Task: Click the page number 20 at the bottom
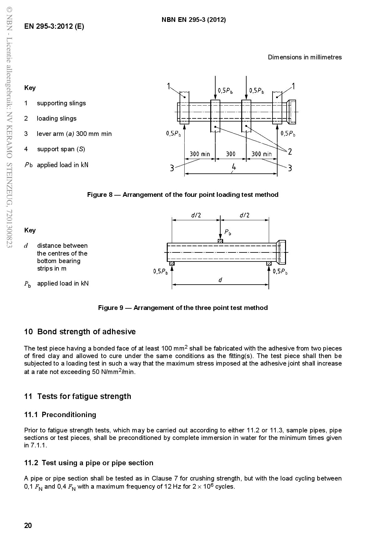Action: pyautogui.click(x=28, y=526)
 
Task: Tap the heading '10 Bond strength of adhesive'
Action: pyautogui.click(x=80, y=331)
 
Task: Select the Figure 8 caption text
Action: pyautogui.click(x=182, y=195)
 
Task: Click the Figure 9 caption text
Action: pyautogui.click(x=183, y=308)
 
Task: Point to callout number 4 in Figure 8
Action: pyautogui.click(x=233, y=167)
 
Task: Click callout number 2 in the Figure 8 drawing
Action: pyautogui.click(x=290, y=152)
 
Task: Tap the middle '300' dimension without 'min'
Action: pyautogui.click(x=231, y=154)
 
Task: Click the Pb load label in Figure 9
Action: pyautogui.click(x=227, y=232)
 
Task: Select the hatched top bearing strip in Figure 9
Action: pyautogui.click(x=220, y=241)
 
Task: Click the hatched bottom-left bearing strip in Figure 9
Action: pyautogui.click(x=172, y=263)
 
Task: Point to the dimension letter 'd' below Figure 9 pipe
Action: pyautogui.click(x=220, y=280)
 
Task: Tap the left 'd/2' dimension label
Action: pyautogui.click(x=196, y=215)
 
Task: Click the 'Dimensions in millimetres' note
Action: pyautogui.click(x=304, y=57)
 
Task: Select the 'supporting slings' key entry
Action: pyautogui.click(x=61, y=103)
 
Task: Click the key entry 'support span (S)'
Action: pyautogui.click(x=61, y=149)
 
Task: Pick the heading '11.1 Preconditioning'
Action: pyautogui.click(x=60, y=415)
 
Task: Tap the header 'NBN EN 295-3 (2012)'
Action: pyautogui.click(x=194, y=20)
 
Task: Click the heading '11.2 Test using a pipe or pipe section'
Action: pyautogui.click(x=89, y=463)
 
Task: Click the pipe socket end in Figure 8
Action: pyautogui.click(x=291, y=112)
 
